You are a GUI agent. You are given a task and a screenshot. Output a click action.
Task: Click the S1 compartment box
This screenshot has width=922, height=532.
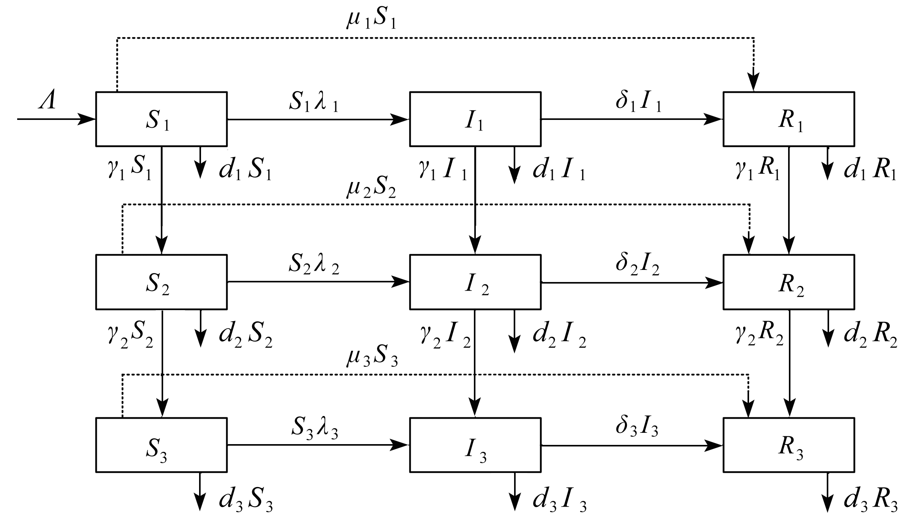[x=161, y=119]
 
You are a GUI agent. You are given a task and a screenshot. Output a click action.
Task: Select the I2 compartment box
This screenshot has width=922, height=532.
[x=475, y=282]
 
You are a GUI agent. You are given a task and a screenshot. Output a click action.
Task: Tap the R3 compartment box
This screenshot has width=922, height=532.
[x=789, y=445]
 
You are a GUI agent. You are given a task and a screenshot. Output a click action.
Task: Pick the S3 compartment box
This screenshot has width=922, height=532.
[x=161, y=445]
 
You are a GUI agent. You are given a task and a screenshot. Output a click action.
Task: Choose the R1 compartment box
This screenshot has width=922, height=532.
[x=789, y=119]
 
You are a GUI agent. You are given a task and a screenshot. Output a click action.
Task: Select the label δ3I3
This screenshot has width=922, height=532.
[x=637, y=428]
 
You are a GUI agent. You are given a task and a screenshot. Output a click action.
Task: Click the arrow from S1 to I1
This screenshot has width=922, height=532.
[x=318, y=119]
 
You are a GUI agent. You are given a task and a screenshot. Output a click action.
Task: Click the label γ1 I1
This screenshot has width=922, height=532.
[x=443, y=171]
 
